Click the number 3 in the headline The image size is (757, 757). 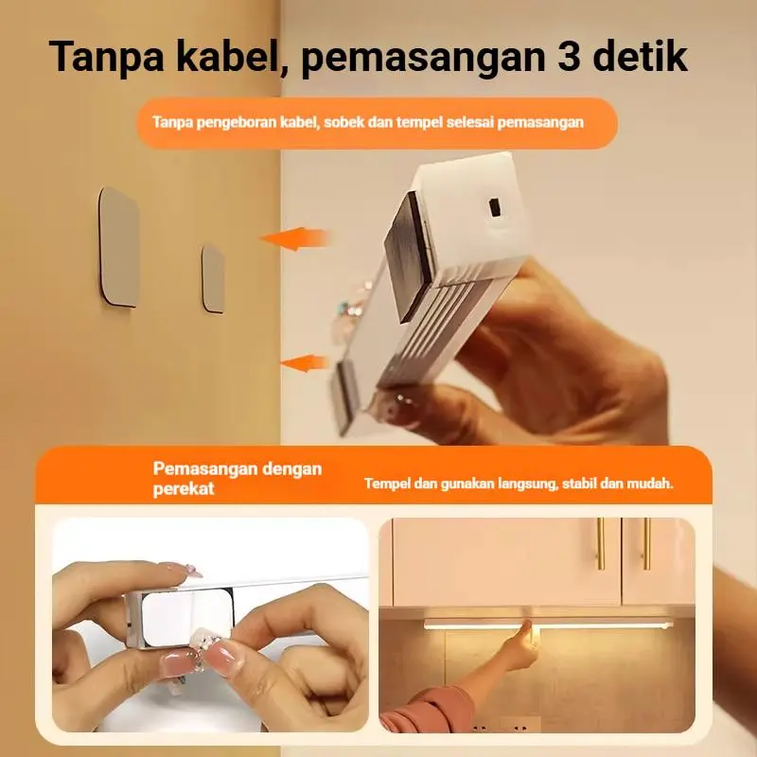[571, 56]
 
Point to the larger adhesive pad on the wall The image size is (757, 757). [119, 247]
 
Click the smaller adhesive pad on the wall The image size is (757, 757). [213, 279]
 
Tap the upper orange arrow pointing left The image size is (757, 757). [295, 238]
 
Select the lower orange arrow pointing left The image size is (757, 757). [304, 363]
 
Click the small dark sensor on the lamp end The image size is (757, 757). [494, 207]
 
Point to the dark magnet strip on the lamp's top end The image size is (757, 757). [408, 255]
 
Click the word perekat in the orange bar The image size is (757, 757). [184, 489]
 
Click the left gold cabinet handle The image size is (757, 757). [601, 543]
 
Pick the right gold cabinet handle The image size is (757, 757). [646, 543]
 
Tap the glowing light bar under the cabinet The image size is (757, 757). [548, 625]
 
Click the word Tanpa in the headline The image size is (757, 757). [106, 57]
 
